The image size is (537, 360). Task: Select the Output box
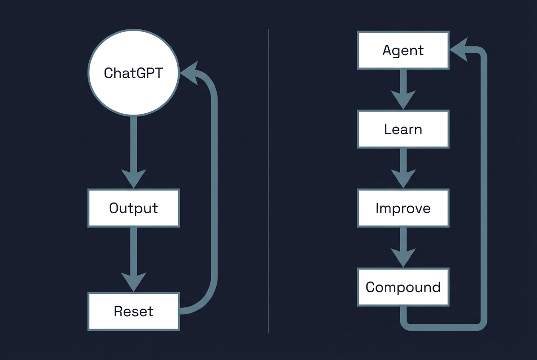pyautogui.click(x=133, y=208)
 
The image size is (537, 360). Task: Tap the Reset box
pyautogui.click(x=133, y=311)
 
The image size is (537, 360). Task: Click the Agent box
pyautogui.click(x=403, y=50)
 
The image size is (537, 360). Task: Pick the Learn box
pyautogui.click(x=403, y=129)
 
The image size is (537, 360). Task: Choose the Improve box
pyautogui.click(x=403, y=208)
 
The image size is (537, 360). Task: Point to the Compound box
pyautogui.click(x=403, y=287)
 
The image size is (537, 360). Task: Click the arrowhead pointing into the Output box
pyautogui.click(x=133, y=177)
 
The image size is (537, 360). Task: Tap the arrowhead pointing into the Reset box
pyautogui.click(x=133, y=281)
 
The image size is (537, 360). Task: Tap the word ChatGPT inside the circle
pyautogui.click(x=133, y=73)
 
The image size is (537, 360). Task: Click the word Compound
pyautogui.click(x=403, y=287)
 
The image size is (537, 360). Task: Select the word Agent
pyautogui.click(x=403, y=51)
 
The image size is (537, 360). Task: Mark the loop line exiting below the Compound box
pyautogui.click(x=442, y=326)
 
